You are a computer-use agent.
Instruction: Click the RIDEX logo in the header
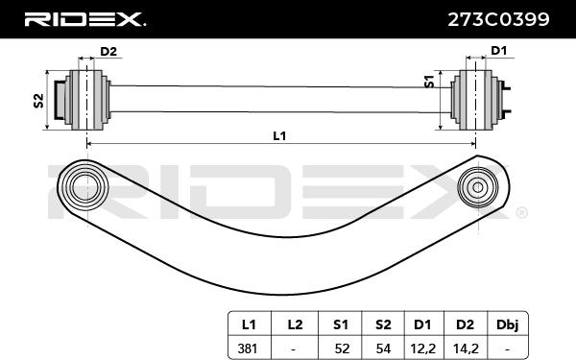[x=84, y=18]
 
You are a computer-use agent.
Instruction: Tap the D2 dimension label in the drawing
[x=108, y=51]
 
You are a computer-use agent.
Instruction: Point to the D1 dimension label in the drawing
[x=499, y=51]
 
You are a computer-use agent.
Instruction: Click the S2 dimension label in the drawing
[x=37, y=100]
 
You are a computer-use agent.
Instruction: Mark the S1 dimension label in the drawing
[x=431, y=84]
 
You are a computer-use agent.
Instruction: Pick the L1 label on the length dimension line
[x=279, y=136]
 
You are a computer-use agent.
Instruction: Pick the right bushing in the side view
[x=477, y=98]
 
